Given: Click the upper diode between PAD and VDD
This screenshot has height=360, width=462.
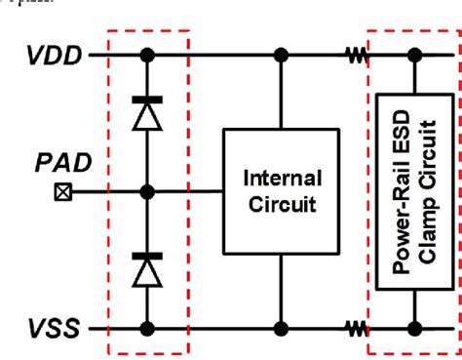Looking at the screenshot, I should (x=146, y=114).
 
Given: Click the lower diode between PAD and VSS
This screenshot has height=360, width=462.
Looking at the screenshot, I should (x=146, y=269).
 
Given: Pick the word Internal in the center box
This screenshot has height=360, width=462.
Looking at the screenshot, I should (x=282, y=178).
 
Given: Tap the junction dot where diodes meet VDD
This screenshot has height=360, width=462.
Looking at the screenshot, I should (x=146, y=56).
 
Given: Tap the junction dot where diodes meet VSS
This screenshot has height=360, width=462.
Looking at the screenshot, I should (x=146, y=327).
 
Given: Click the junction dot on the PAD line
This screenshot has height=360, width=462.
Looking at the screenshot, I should (x=146, y=191).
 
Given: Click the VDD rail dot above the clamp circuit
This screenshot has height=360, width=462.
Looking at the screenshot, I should (x=414, y=56).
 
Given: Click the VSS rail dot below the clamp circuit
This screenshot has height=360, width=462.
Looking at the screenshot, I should (x=414, y=327).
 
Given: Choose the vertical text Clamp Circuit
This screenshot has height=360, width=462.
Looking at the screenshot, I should (x=428, y=191).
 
